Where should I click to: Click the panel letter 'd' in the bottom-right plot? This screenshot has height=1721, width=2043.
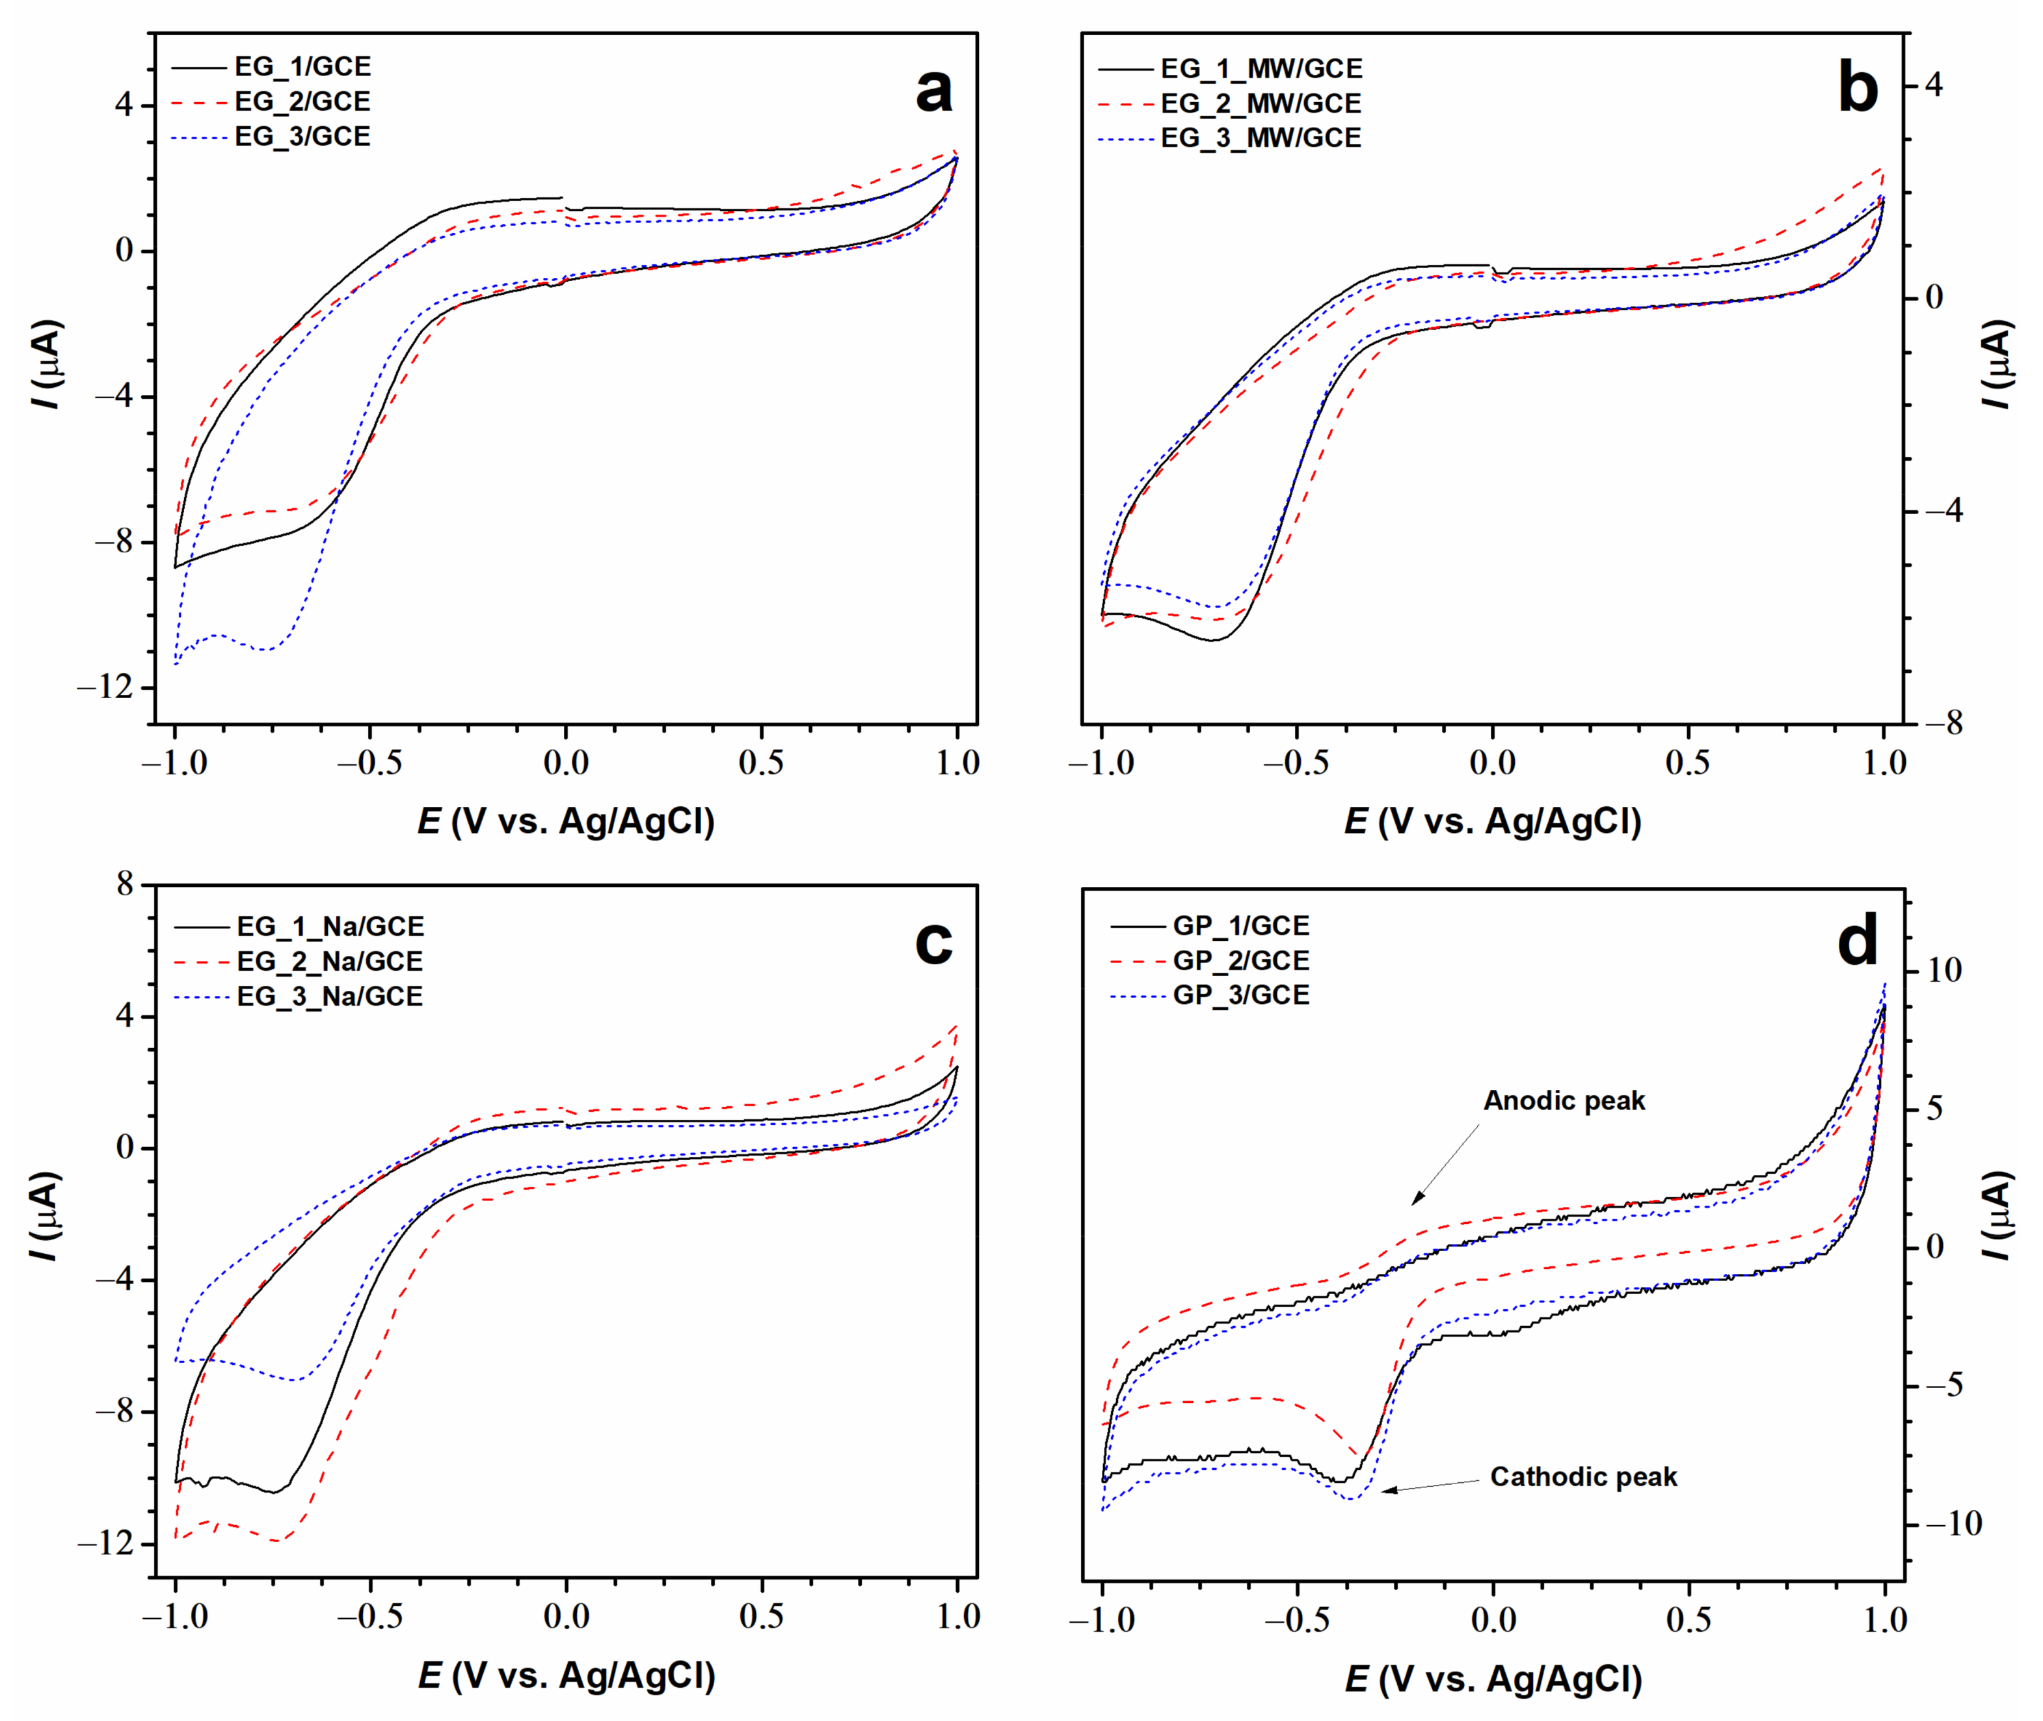[x=1857, y=942]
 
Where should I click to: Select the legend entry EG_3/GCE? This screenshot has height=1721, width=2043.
[x=302, y=137]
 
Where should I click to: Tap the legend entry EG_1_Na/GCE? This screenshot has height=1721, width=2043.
[x=330, y=926]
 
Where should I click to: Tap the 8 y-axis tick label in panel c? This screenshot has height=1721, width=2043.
[x=125, y=884]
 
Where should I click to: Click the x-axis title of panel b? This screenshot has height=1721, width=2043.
[x=1492, y=822]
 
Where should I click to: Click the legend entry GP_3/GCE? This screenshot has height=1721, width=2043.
[x=1240, y=995]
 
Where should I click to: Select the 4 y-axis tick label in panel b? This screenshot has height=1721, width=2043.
[x=1933, y=85]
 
